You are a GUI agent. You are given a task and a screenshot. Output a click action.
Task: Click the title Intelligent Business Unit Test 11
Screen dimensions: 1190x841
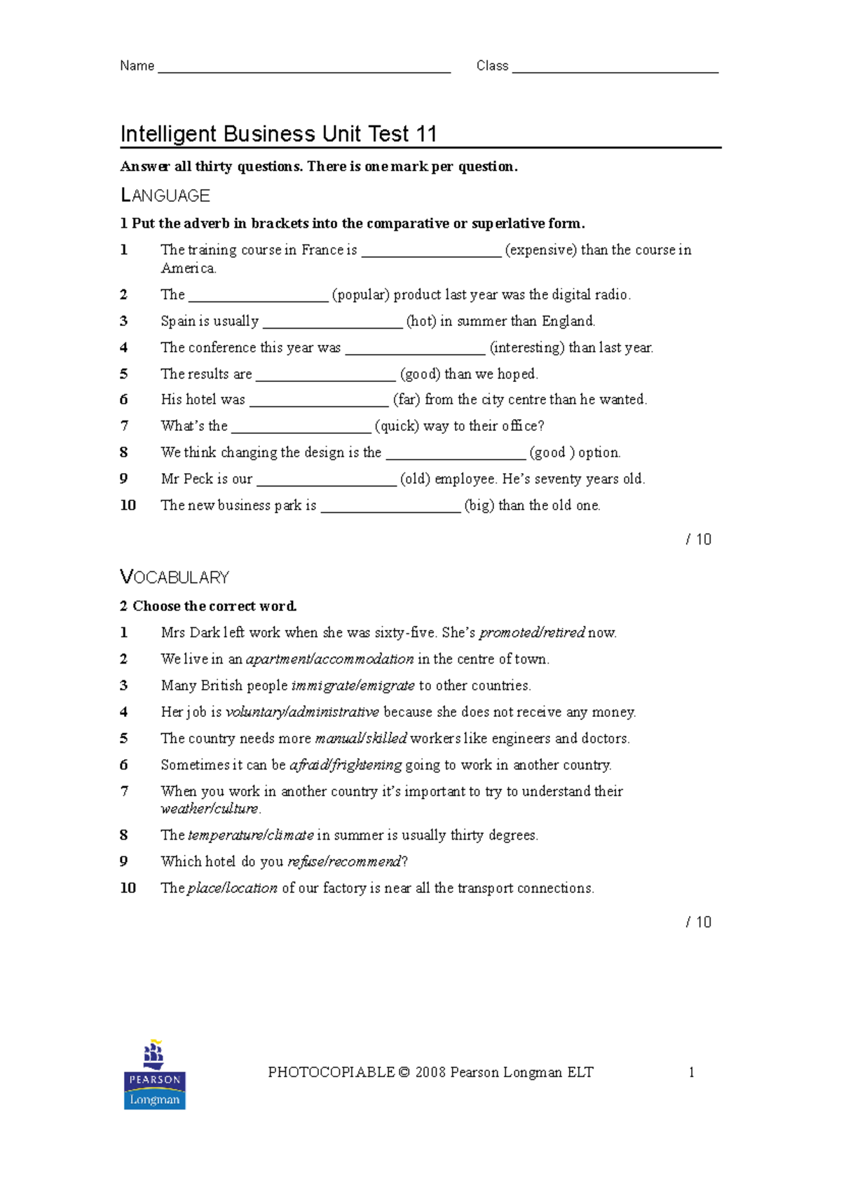click(x=278, y=134)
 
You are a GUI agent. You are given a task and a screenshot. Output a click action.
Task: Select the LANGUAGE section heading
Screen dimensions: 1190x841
click(x=165, y=196)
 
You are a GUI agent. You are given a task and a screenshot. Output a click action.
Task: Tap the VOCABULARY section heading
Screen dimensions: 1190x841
click(x=175, y=577)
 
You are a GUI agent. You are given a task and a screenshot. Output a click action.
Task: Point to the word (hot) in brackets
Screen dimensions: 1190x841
click(x=421, y=322)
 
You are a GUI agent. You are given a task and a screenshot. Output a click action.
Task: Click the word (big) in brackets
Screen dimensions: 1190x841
click(x=479, y=505)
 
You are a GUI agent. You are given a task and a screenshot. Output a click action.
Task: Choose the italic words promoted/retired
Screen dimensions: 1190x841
click(x=532, y=633)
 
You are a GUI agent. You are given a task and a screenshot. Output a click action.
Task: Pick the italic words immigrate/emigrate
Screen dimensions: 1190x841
click(x=353, y=685)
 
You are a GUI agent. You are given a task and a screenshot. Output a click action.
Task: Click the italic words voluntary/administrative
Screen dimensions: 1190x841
click(x=302, y=712)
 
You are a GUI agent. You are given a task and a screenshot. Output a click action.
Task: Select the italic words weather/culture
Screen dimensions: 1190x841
click(x=210, y=809)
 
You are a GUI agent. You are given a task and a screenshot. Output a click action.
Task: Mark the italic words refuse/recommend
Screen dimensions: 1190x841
click(x=344, y=861)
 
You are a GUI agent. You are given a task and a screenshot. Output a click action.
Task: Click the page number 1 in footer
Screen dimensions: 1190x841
click(x=691, y=1072)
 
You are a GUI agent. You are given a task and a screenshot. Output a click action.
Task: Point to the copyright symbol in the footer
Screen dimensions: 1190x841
click(x=404, y=1072)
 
